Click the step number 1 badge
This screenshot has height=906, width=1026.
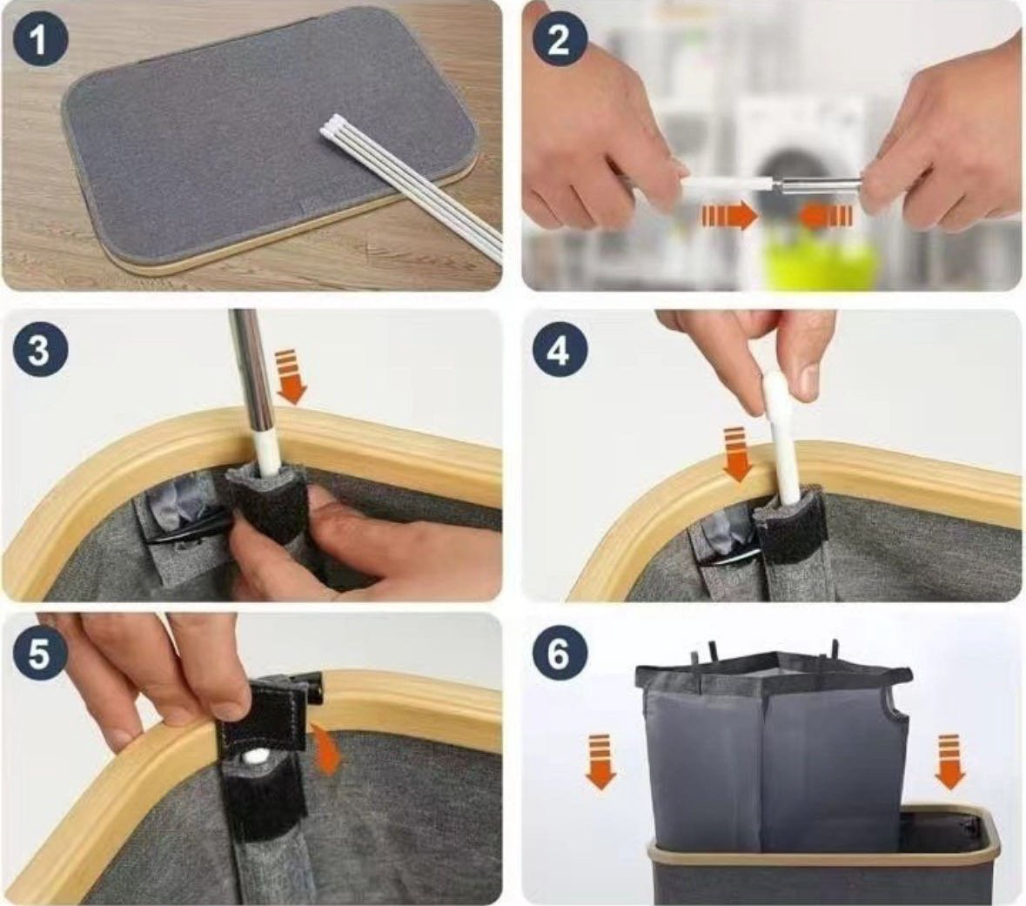tap(40, 41)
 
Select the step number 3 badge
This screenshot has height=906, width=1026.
tap(39, 349)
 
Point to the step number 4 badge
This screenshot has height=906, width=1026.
tap(558, 350)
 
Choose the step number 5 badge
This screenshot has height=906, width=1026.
tap(39, 654)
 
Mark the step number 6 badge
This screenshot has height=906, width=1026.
tap(558, 654)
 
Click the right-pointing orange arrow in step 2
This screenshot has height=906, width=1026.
tap(729, 216)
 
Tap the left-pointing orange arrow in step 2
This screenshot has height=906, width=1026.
tap(827, 216)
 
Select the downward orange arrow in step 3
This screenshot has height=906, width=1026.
tap(291, 377)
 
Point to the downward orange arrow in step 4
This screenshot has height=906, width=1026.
tap(736, 453)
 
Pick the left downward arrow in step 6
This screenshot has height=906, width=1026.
tap(600, 762)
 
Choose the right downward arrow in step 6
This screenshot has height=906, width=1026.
tap(949, 762)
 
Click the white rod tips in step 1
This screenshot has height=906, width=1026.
tap(333, 126)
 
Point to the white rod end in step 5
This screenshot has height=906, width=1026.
tap(255, 757)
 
